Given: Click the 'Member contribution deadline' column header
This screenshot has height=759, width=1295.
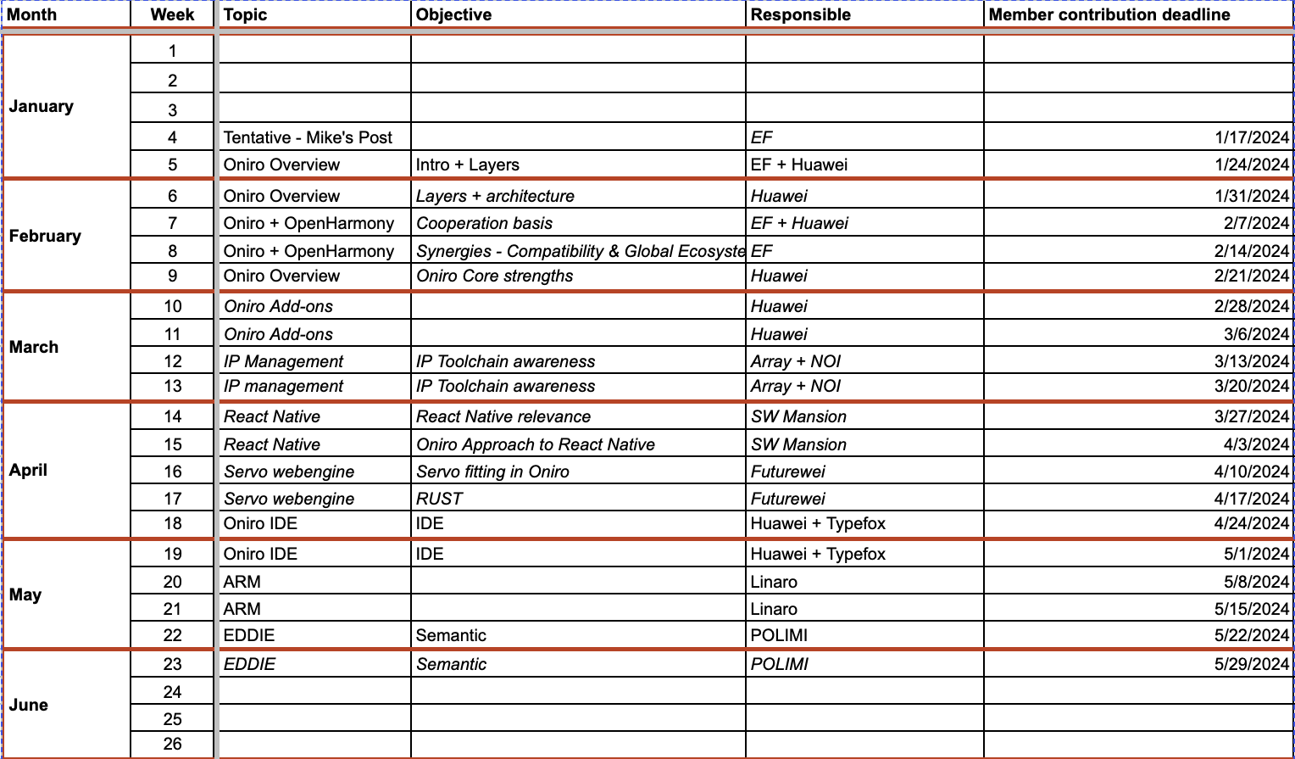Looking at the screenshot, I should (x=1109, y=14).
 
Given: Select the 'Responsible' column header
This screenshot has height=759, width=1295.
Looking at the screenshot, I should (x=800, y=14).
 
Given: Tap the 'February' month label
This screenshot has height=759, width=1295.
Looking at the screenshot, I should (x=45, y=236).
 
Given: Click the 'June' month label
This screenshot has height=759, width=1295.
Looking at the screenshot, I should (x=29, y=705).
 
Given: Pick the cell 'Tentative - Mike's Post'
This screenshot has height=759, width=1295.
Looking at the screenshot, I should (x=308, y=137).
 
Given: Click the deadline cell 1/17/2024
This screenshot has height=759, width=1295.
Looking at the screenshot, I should (x=1251, y=137).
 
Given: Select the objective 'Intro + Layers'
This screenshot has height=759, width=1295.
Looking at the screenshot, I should (x=467, y=165).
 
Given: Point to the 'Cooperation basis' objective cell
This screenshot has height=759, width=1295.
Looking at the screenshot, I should (x=484, y=223).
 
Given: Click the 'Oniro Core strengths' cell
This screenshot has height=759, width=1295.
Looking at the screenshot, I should (x=494, y=276).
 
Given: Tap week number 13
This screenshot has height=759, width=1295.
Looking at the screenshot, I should (x=173, y=386).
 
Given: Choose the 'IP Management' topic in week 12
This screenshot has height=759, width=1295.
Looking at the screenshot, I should (x=283, y=361).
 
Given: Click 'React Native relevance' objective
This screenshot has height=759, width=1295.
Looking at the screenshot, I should (x=503, y=416).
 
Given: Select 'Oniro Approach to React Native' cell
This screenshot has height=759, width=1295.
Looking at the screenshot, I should (x=535, y=444).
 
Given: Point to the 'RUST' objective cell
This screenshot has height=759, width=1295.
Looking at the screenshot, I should (x=439, y=499).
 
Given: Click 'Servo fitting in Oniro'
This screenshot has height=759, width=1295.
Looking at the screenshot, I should (x=492, y=472).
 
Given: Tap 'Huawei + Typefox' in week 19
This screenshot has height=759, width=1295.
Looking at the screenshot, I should (x=817, y=554).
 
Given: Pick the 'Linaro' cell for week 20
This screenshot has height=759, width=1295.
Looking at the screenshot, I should (x=773, y=582).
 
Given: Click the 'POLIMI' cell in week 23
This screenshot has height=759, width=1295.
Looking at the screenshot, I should (x=779, y=664).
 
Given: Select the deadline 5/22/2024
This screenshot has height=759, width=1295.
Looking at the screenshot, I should (x=1251, y=635).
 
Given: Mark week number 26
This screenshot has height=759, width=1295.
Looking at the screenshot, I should (x=173, y=744).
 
